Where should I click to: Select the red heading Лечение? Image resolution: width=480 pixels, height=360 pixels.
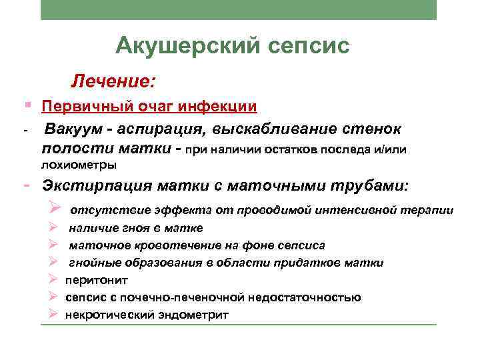[x=114, y=83]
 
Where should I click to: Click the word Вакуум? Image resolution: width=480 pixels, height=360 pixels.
[x=71, y=128]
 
